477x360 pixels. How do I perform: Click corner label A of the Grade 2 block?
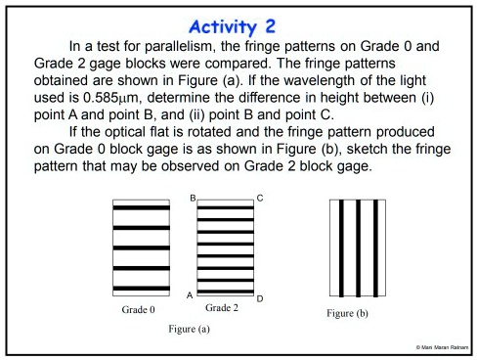(189, 292)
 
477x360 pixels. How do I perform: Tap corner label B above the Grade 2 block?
(193, 199)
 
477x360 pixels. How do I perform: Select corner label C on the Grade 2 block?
(260, 199)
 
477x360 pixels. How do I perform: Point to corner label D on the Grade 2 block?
(259, 297)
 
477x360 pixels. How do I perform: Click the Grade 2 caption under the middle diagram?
(225, 307)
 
